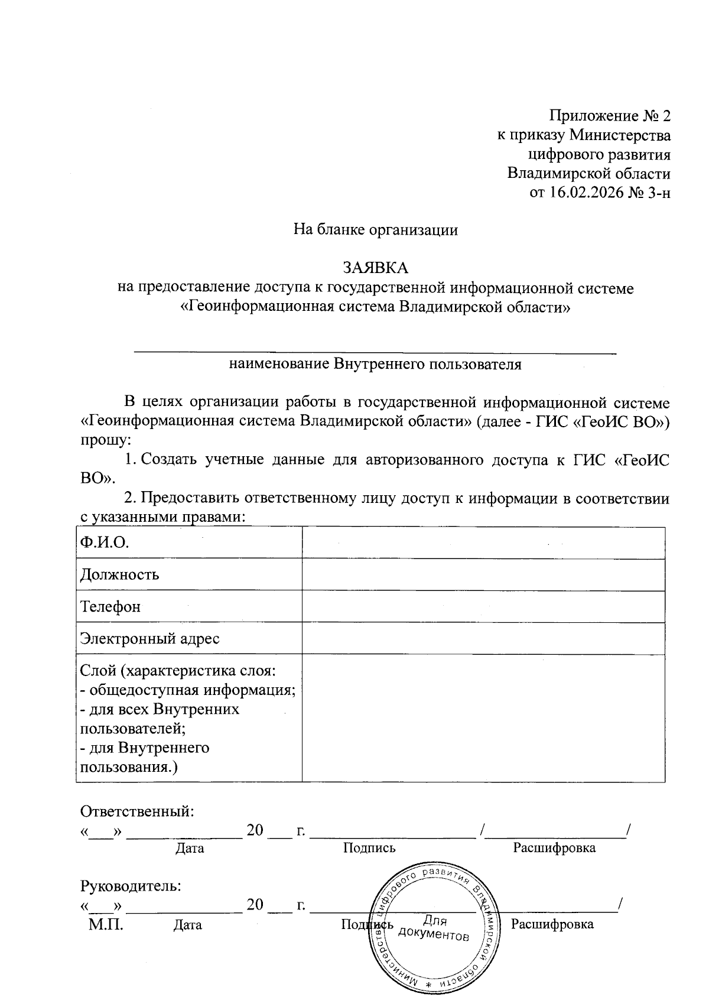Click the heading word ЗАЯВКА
[376, 268]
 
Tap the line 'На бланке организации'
[376, 229]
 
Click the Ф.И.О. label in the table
[105, 543]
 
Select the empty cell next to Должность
[483, 574]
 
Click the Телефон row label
[110, 606]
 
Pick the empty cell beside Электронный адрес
[483, 638]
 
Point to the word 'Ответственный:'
[137, 811]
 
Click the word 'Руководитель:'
[131, 886]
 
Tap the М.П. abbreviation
[106, 924]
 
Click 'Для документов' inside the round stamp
[434, 928]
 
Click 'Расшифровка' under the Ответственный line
[554, 848]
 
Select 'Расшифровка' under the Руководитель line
[552, 924]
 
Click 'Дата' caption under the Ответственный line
[190, 849]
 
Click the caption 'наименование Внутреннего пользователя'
[375, 364]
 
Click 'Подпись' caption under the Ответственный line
[369, 848]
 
